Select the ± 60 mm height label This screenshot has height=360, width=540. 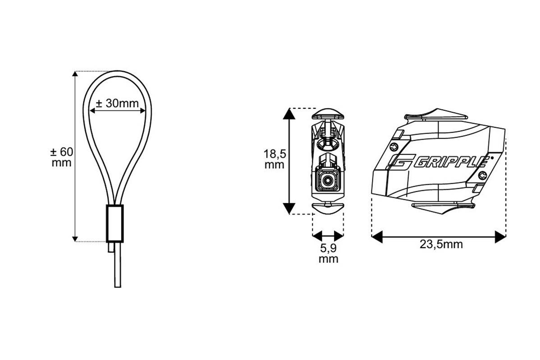(x=61, y=157)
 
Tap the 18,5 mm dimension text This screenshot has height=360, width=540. (x=274, y=158)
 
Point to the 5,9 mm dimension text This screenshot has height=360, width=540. (x=328, y=253)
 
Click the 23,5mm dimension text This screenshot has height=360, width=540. (x=441, y=245)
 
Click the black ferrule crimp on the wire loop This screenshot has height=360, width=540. (x=114, y=223)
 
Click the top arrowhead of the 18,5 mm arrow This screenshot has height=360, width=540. (x=288, y=113)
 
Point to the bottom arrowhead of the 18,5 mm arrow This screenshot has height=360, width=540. (x=288, y=208)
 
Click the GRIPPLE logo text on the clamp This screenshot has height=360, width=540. (x=451, y=161)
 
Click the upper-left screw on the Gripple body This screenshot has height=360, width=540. (x=395, y=146)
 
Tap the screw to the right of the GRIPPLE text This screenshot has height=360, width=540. (x=483, y=175)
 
